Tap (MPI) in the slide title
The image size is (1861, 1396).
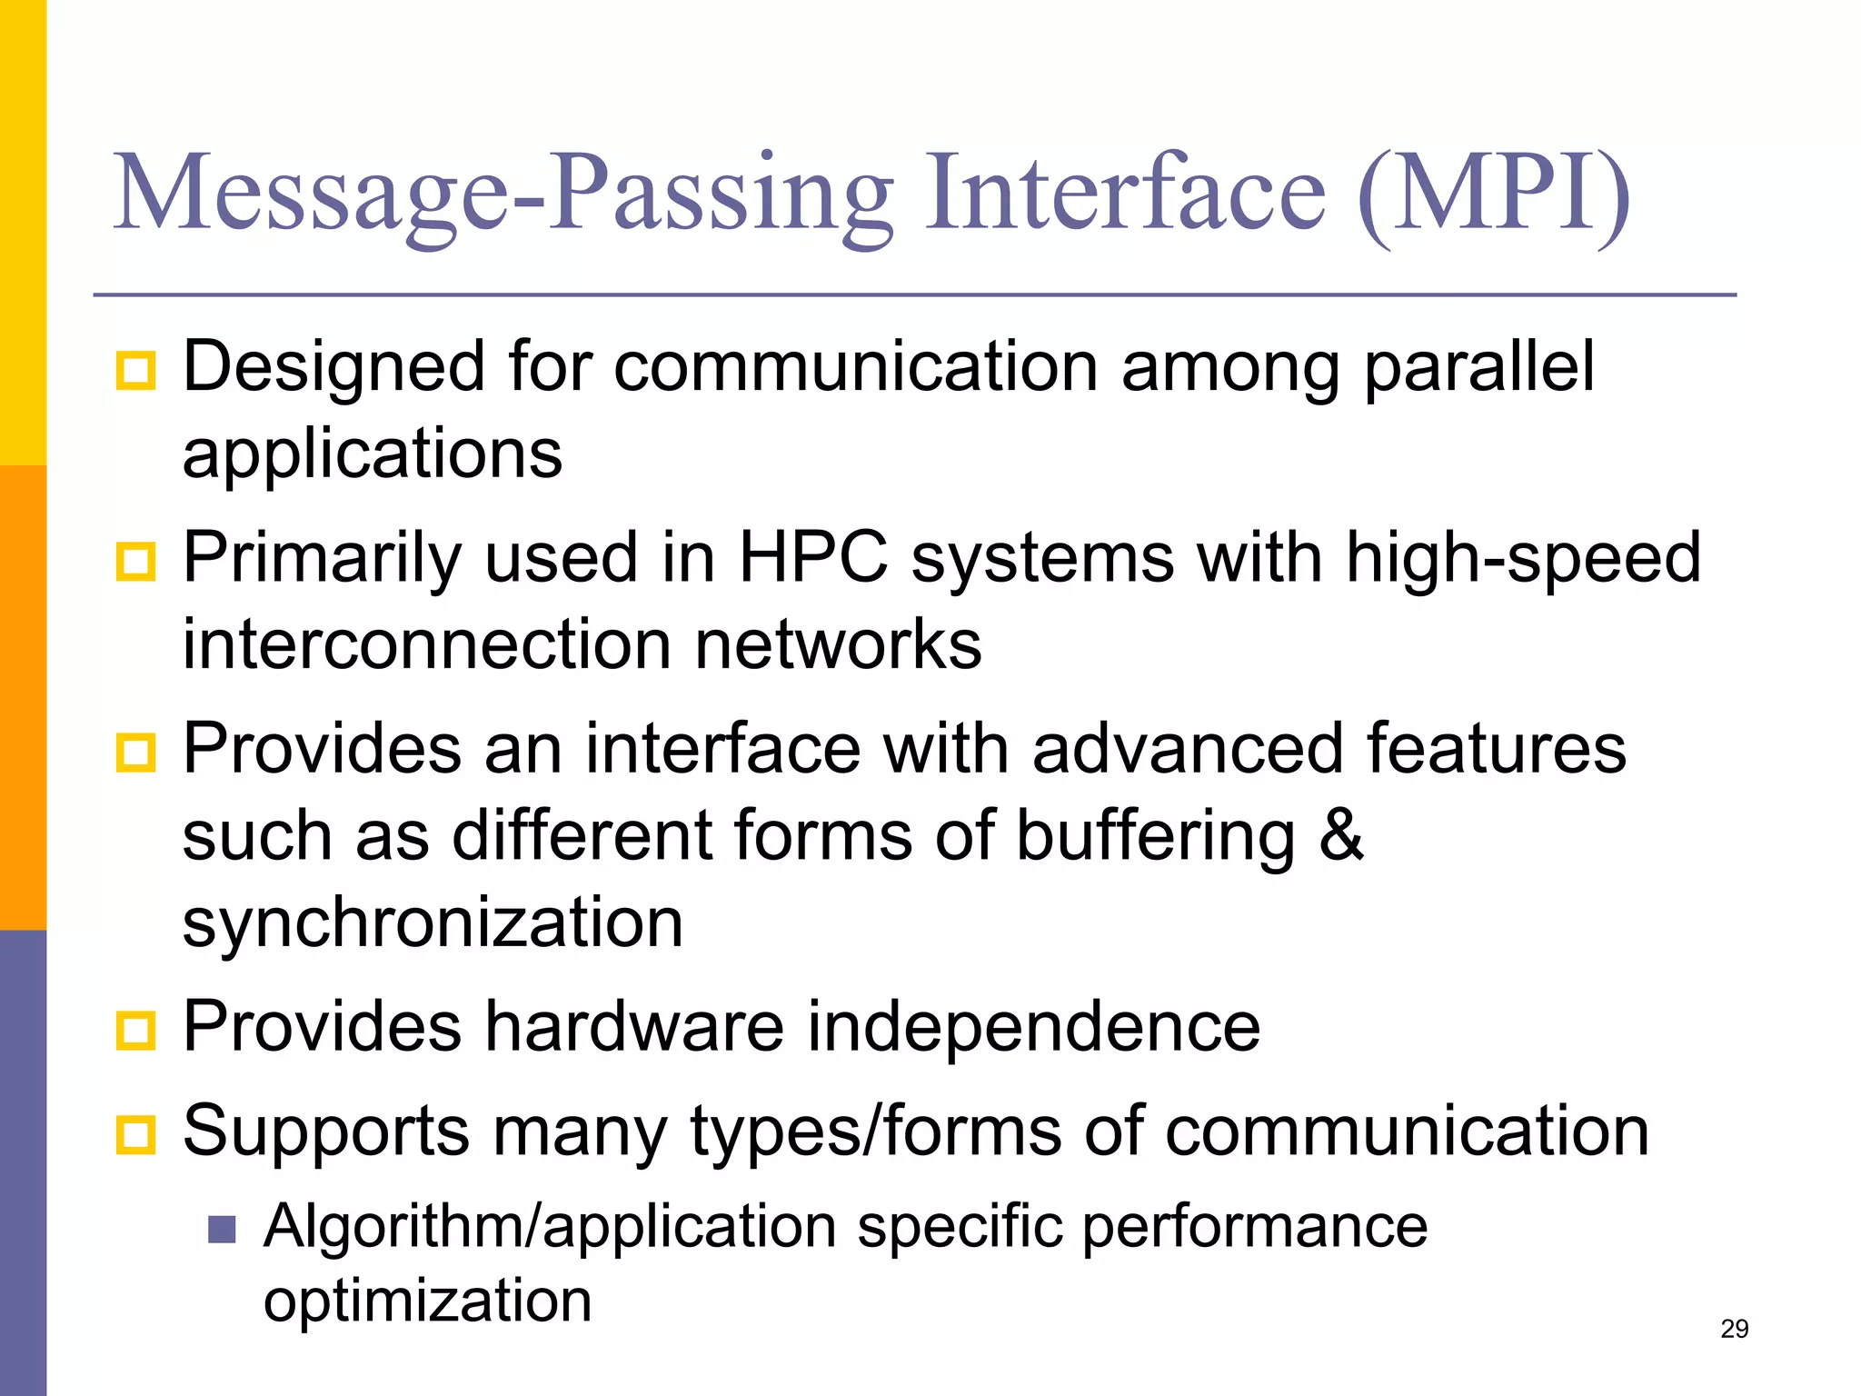point(1493,194)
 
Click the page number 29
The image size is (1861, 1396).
point(1734,1329)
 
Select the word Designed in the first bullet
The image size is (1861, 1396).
point(334,366)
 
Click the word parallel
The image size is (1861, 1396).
point(1478,366)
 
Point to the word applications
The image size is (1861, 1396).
point(373,454)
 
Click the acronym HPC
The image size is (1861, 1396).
point(813,557)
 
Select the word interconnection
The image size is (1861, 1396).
point(427,644)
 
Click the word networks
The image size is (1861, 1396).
point(838,644)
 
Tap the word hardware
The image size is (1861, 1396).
point(633,1026)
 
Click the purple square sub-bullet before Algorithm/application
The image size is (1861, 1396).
point(222,1230)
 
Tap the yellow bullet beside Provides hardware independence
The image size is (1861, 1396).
point(136,1030)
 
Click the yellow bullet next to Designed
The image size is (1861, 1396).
point(136,371)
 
